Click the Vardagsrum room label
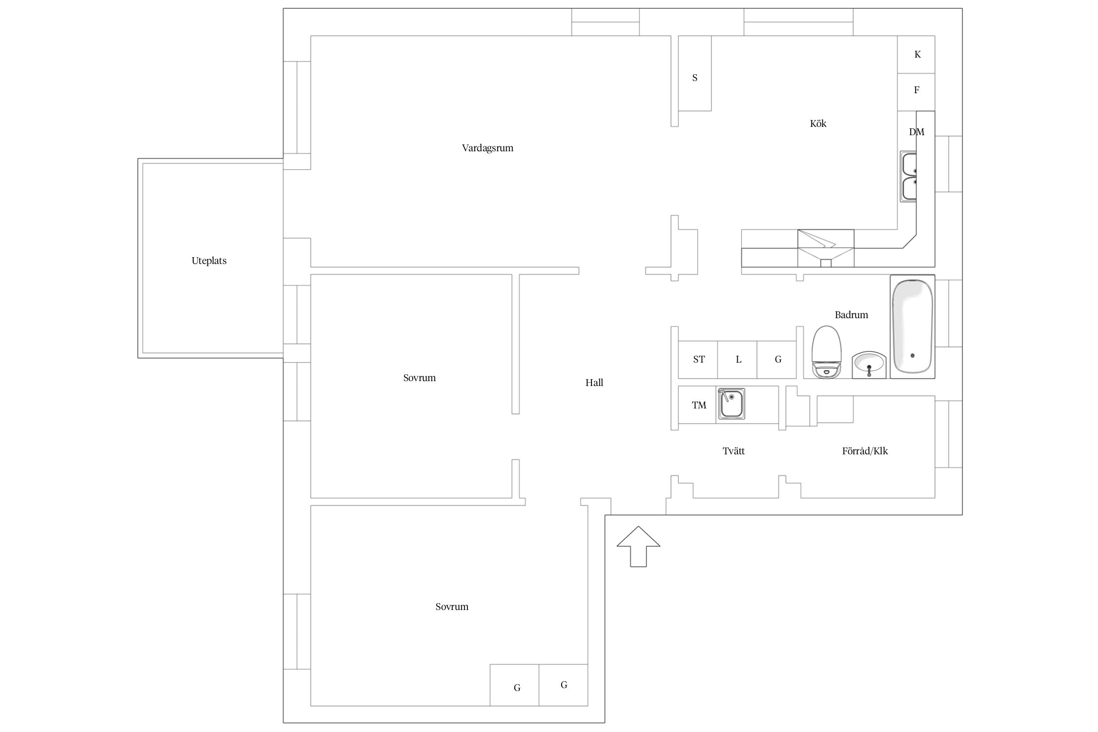[488, 148]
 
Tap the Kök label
[818, 123]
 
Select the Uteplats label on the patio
[209, 261]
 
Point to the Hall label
[594, 383]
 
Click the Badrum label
[851, 315]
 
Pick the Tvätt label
[733, 451]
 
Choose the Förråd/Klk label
[865, 451]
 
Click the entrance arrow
[638, 547]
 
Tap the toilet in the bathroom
[827, 352]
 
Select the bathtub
[912, 326]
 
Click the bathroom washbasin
[869, 365]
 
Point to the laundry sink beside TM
[731, 404]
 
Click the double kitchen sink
[909, 176]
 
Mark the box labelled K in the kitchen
[916, 55]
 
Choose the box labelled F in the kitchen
[916, 92]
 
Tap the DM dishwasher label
[916, 132]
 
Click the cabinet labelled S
[695, 73]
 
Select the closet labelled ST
[698, 360]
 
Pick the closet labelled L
[737, 360]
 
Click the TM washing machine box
[697, 405]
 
